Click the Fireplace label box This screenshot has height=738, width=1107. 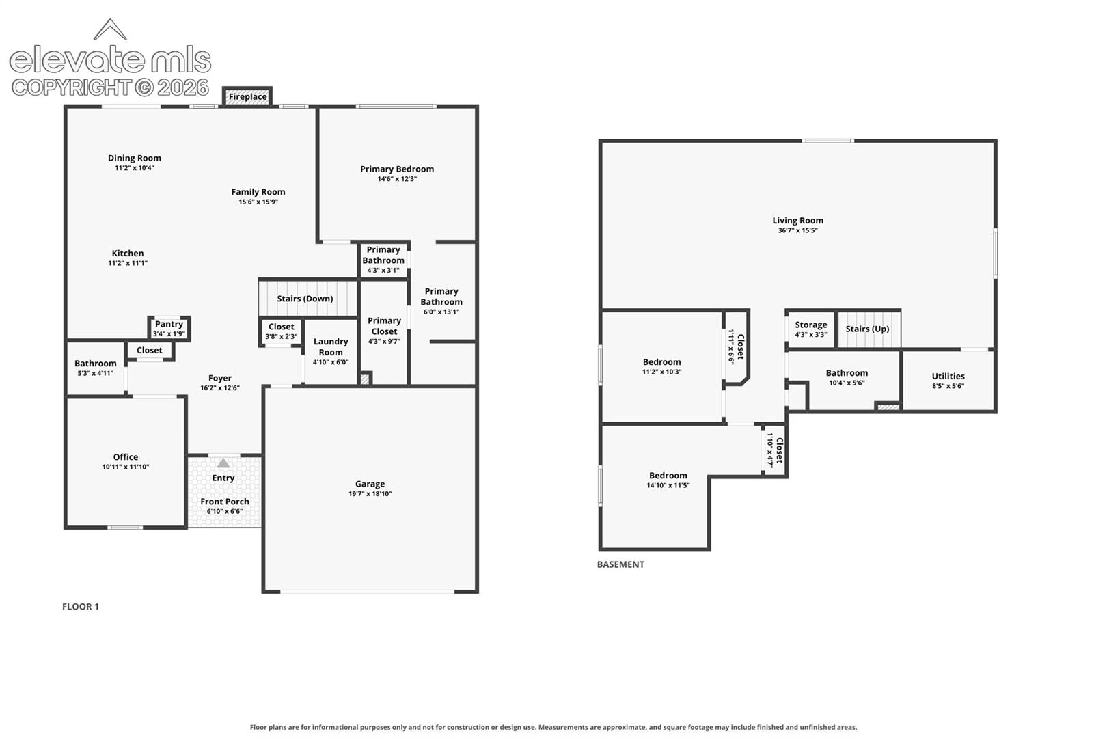(247, 96)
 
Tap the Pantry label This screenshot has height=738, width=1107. (169, 325)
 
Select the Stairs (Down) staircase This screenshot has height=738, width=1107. (308, 298)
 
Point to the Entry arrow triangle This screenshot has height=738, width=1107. (223, 463)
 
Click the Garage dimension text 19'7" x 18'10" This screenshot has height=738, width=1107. (370, 494)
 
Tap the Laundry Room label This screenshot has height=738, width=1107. (331, 346)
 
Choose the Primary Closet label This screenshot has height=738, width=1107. (384, 326)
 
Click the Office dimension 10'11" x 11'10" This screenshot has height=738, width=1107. (126, 467)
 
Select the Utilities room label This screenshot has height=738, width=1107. (948, 376)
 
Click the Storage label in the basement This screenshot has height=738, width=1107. (811, 325)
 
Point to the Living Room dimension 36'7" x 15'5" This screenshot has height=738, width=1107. (798, 230)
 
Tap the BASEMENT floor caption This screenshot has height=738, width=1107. (620, 564)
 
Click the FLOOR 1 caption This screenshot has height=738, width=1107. (81, 607)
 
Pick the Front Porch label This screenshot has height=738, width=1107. (225, 502)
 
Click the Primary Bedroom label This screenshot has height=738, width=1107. (397, 169)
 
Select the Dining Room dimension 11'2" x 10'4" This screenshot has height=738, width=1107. (135, 168)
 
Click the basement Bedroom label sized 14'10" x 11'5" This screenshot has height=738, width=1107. (668, 476)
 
